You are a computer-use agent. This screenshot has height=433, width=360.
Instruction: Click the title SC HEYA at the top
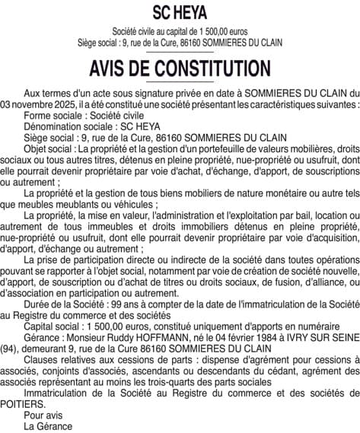click(x=180, y=13)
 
